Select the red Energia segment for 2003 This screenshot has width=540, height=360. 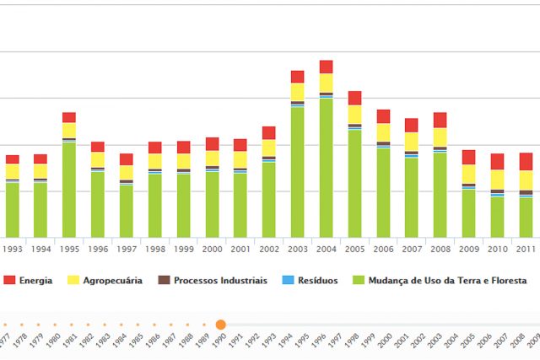297,77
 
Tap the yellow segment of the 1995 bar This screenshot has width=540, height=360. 69,130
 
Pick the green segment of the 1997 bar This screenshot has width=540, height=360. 127,210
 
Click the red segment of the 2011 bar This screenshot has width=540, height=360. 526,162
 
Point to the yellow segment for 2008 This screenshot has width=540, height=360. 440,137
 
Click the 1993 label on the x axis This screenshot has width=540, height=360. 13,250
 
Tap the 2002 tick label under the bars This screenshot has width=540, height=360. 269,250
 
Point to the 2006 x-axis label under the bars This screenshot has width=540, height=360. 383,250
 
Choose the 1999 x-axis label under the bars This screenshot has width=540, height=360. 183,250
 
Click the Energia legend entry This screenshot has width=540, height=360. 35,281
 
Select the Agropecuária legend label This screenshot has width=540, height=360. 112,281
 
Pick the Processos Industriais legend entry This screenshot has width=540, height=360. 220,281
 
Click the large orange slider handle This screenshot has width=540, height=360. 220,325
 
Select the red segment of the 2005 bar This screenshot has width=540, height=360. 354,98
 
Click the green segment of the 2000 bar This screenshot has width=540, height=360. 212,204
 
